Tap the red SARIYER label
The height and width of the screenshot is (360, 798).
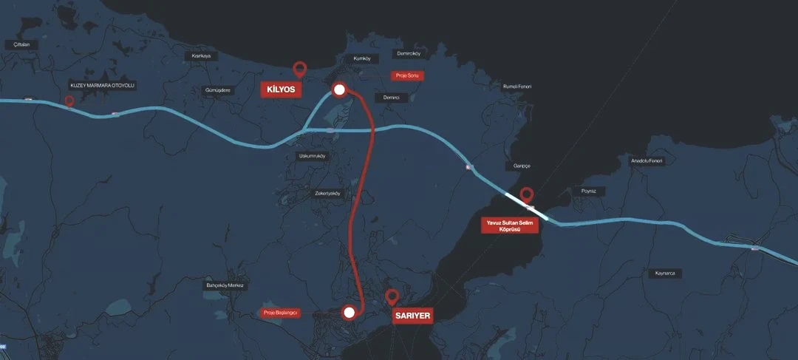click(x=412, y=315)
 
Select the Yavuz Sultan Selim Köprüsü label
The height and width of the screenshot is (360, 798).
click(x=510, y=225)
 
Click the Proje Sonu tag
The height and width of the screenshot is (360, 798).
click(x=407, y=75)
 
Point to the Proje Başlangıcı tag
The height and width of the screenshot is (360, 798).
click(x=281, y=313)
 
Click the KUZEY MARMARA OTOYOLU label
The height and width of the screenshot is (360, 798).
click(x=103, y=85)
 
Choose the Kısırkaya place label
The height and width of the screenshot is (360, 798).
click(x=201, y=55)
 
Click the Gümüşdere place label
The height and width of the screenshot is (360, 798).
click(x=217, y=90)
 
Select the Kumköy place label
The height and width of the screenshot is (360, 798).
click(x=362, y=58)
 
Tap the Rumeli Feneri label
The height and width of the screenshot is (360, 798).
click(x=517, y=86)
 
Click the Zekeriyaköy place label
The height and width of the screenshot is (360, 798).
click(x=327, y=194)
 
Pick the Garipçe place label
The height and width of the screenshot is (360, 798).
click(x=517, y=166)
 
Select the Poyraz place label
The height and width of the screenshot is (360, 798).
click(x=588, y=191)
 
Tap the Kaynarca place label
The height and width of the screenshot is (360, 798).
click(x=665, y=273)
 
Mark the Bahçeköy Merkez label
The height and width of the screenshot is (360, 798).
click(x=224, y=285)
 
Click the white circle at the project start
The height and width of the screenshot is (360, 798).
click(x=349, y=313)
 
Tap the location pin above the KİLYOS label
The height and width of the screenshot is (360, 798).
click(x=299, y=69)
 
